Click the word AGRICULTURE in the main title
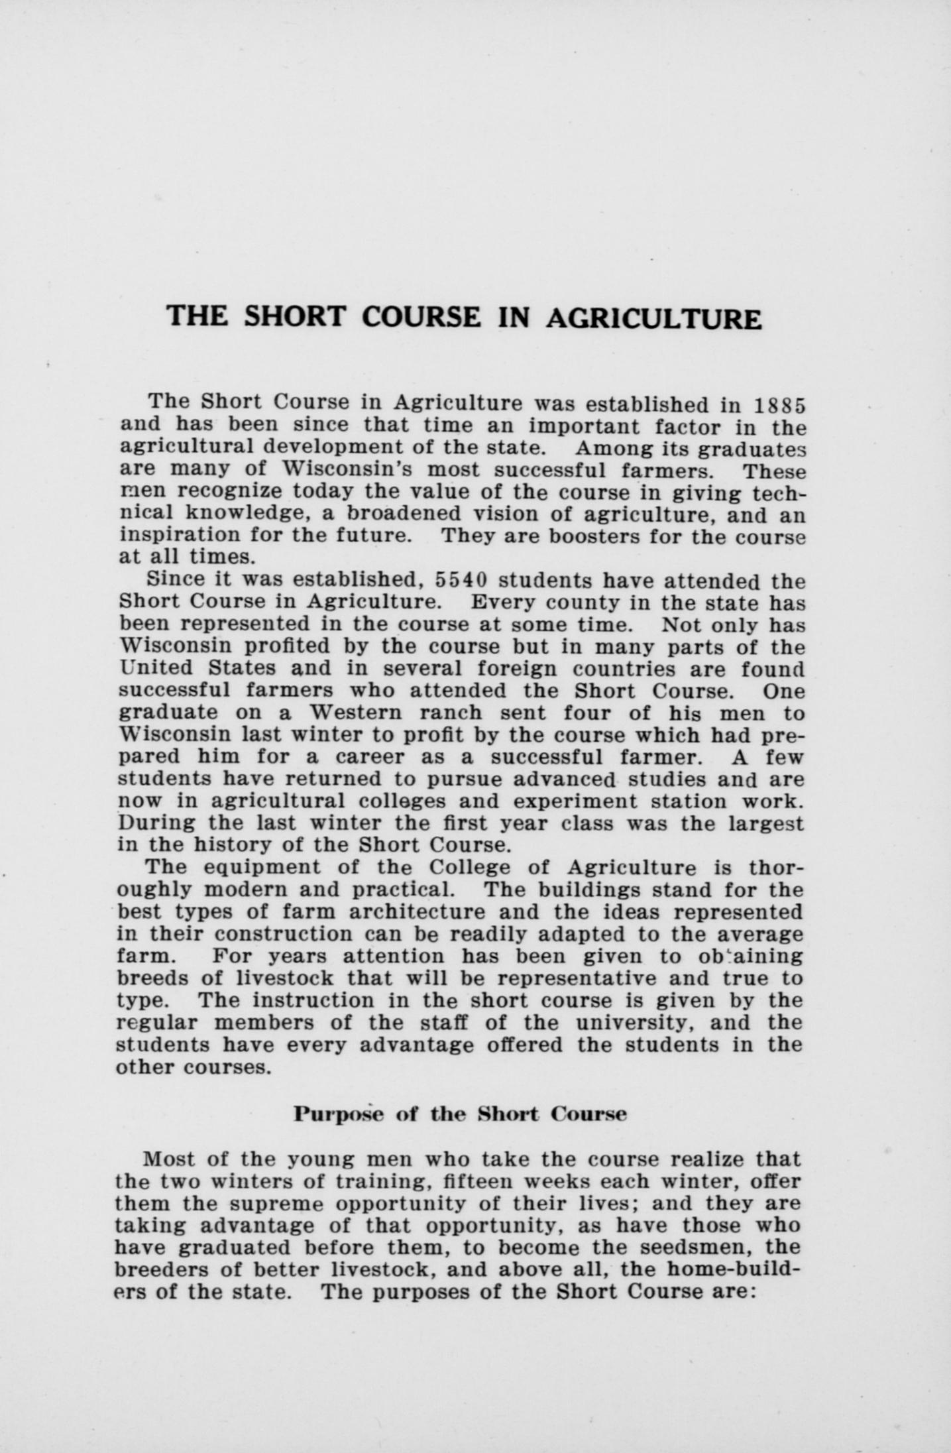coord(653,318)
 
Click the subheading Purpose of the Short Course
coord(460,1114)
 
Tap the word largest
coord(766,824)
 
